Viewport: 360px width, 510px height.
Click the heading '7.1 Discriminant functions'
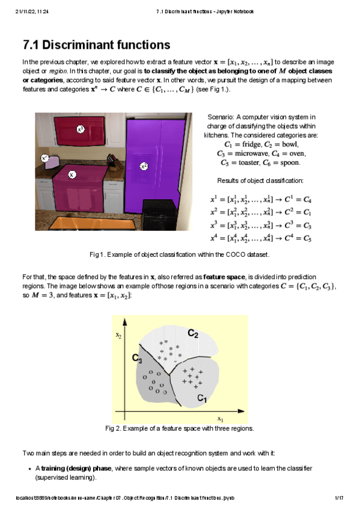pos(96,45)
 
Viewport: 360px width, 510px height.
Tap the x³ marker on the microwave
pos(80,129)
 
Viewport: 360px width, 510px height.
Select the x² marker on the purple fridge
pos(144,165)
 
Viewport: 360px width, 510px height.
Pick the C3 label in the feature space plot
pos(137,358)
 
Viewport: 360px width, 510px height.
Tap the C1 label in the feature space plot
pos(203,398)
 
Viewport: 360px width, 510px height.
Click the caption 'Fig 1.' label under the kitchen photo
pos(97,254)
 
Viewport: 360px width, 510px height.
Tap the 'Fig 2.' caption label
pos(113,428)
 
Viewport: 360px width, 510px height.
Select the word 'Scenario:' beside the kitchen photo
pos(221,117)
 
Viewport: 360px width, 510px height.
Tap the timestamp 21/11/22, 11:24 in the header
pos(32,11)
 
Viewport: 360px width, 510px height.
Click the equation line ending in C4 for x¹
pos(261,198)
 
